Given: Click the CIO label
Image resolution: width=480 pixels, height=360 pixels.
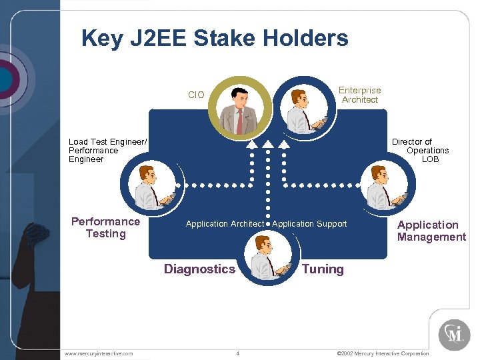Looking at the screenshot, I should pos(196,95).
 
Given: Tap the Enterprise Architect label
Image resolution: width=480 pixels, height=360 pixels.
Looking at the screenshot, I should pos(359,95).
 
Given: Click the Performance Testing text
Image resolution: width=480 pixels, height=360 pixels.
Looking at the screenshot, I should pos(105,228).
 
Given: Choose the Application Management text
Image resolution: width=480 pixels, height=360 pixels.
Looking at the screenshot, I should pos(431,231).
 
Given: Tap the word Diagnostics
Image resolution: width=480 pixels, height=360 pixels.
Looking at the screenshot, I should pos(199,269).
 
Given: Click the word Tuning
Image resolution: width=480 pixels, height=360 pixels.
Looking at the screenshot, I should pos(323,269).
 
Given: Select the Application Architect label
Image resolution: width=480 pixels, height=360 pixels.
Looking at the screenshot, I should pos(225,224).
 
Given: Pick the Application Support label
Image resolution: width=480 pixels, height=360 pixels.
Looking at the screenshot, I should pos(309,224).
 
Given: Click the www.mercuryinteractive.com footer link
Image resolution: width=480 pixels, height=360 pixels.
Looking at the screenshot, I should pos(98,353).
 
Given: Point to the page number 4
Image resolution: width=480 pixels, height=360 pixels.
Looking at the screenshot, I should pos(238,353).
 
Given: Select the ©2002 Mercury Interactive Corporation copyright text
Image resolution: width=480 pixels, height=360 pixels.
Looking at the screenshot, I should pos(383,353).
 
